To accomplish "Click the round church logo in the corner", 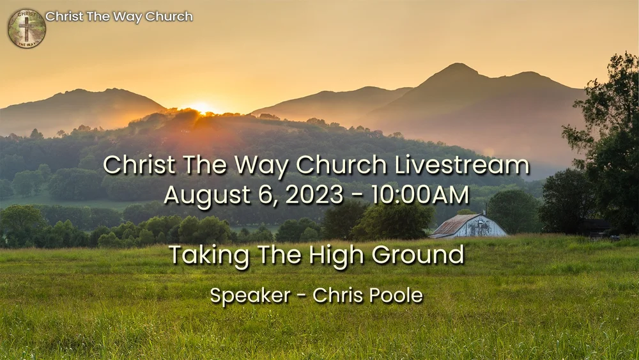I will tap(27, 28).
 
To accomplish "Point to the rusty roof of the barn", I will tap(455, 224).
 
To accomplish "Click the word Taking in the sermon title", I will tap(203, 256).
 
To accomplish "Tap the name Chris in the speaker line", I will tap(336, 296).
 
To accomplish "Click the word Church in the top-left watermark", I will tap(169, 17).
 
